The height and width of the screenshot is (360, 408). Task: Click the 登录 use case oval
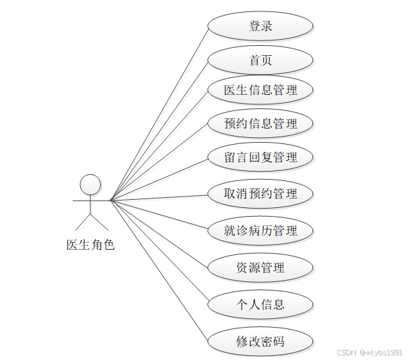(260, 27)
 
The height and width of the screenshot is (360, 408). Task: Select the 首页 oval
(260, 61)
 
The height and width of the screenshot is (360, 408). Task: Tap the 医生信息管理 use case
(260, 89)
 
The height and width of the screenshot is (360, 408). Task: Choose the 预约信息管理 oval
(260, 124)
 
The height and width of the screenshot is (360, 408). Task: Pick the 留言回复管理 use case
(260, 157)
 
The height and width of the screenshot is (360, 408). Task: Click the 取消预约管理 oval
(260, 194)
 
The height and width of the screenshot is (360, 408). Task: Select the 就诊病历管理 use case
(260, 231)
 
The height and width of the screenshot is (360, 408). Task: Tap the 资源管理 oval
(260, 267)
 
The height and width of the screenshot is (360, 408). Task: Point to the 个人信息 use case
(260, 304)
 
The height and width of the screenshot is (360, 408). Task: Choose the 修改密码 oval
(260, 341)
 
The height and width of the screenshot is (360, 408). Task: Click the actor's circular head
(90, 184)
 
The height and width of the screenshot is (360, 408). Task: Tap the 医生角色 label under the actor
(90, 245)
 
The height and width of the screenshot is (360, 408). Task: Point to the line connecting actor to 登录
(159, 114)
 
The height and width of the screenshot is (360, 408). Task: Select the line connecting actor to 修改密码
(159, 271)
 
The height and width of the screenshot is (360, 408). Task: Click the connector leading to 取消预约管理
(159, 197)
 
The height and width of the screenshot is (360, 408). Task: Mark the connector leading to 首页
(159, 131)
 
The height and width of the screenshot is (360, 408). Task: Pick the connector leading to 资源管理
(159, 233)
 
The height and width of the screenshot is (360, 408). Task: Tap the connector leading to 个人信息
(159, 252)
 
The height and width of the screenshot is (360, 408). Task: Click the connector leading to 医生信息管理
(159, 145)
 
